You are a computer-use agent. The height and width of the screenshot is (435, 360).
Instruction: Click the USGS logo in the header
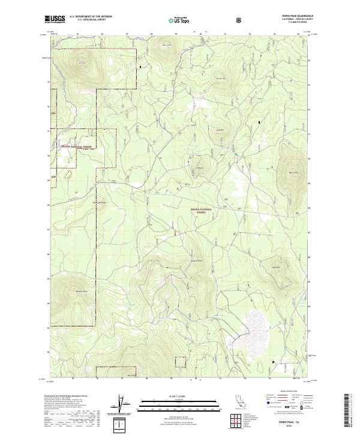(x=56, y=19)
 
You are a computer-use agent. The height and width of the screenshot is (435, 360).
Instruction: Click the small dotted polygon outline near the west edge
(x=68, y=175)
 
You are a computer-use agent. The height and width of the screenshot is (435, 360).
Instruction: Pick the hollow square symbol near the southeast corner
(x=274, y=362)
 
